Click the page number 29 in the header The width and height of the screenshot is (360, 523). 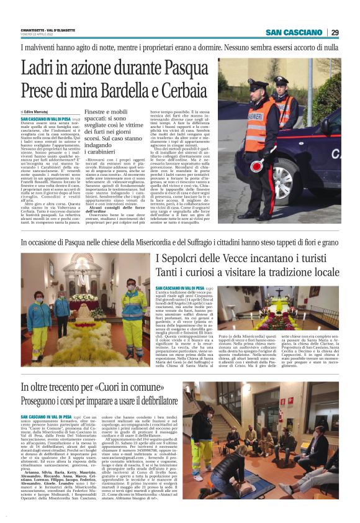(x=335, y=32)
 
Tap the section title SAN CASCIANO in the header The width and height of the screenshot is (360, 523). (x=294, y=32)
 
